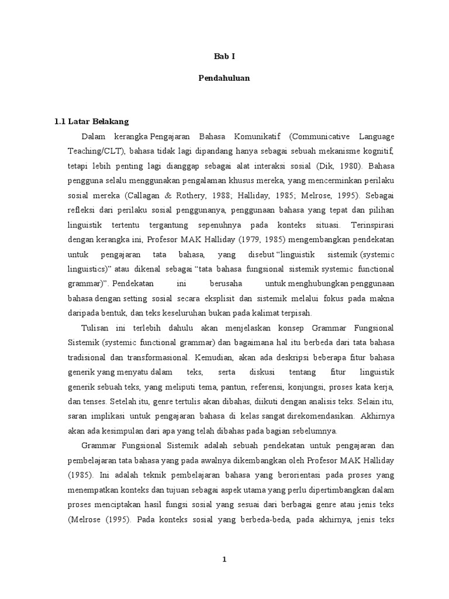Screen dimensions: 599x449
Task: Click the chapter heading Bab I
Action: click(x=224, y=57)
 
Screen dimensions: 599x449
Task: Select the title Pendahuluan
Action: click(x=224, y=78)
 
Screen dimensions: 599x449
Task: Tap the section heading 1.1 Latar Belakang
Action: click(x=91, y=122)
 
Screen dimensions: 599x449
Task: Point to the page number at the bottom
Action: click(x=224, y=560)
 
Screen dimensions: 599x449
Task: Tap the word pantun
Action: click(x=234, y=387)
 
